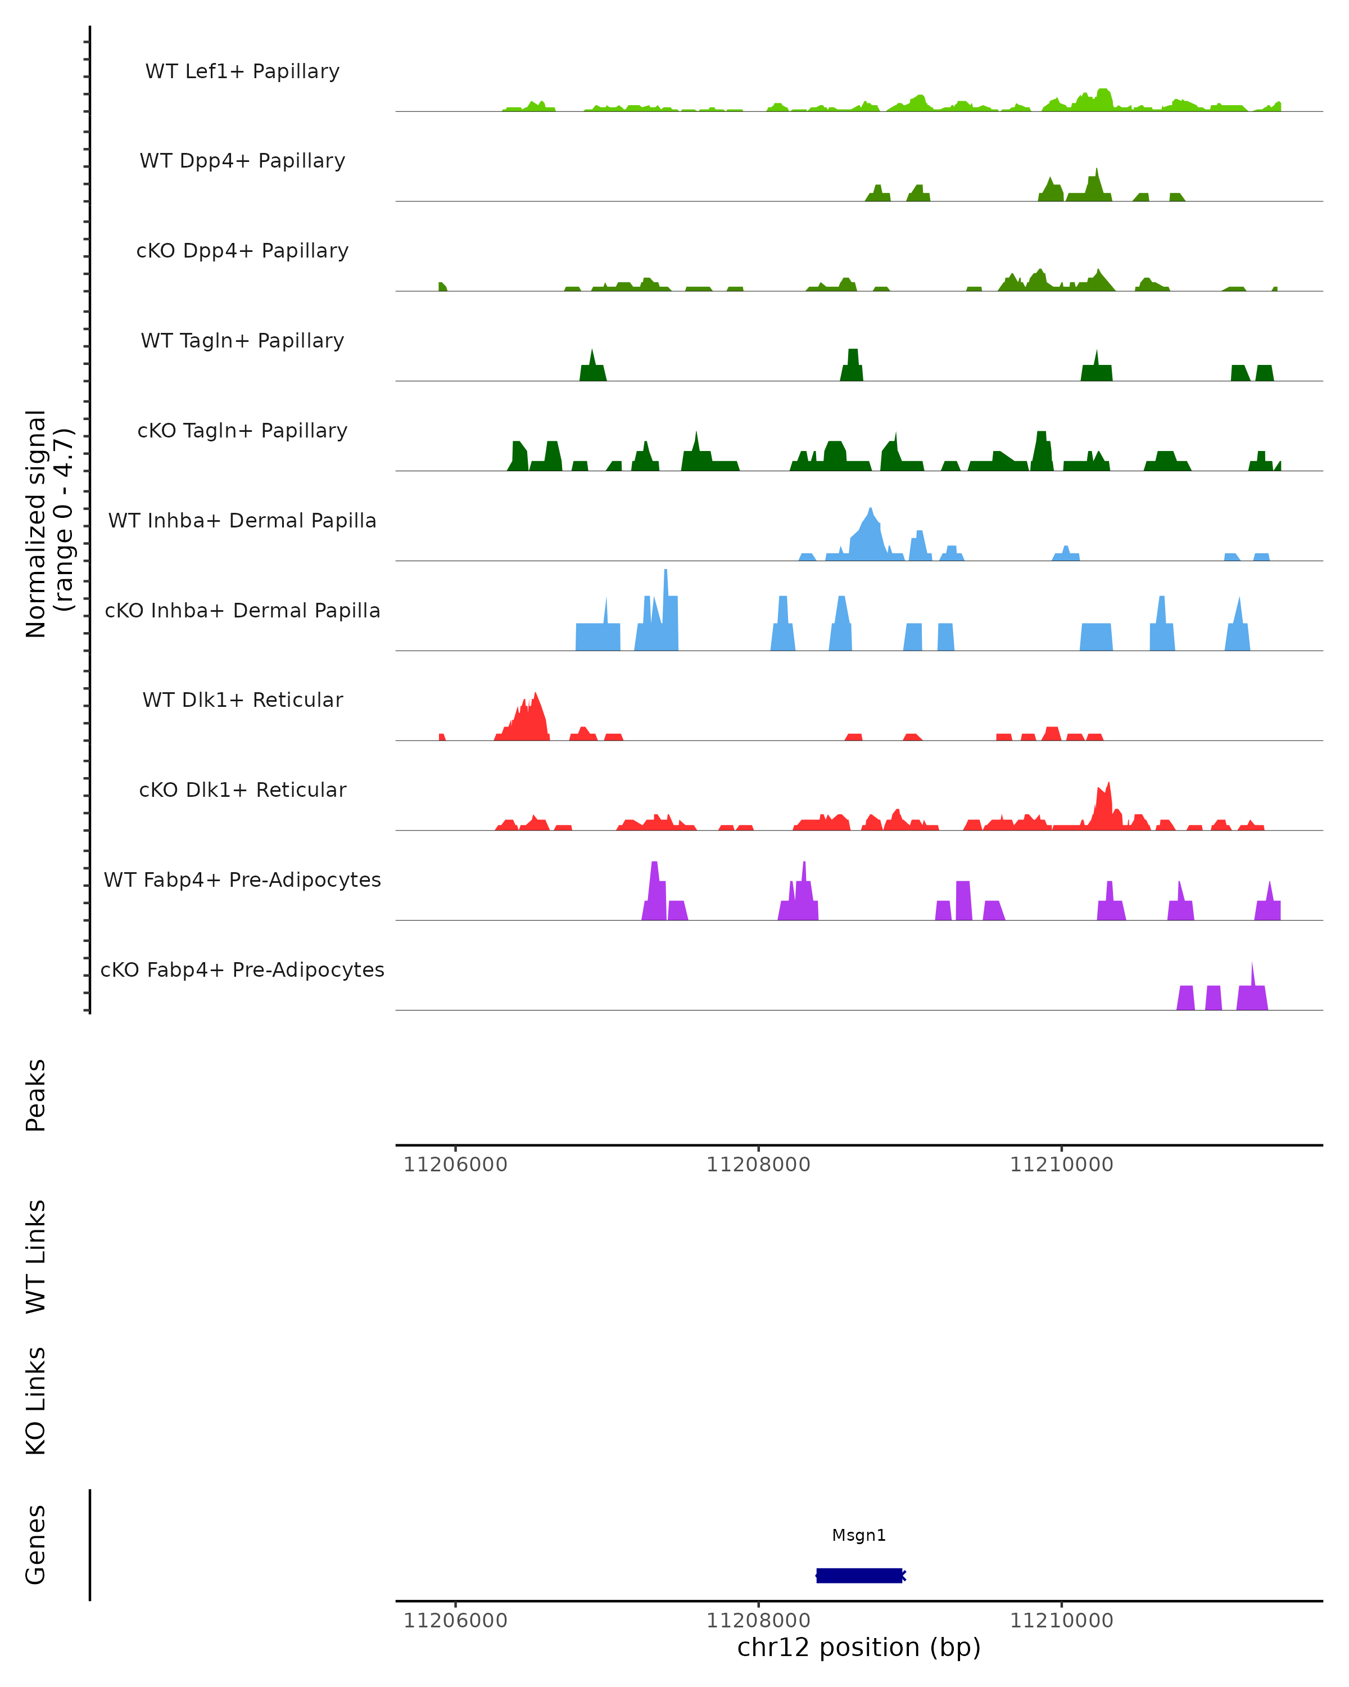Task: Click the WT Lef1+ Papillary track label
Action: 242,71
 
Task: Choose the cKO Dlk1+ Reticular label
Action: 242,790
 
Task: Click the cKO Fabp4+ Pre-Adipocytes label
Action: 242,969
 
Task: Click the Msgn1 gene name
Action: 859,1535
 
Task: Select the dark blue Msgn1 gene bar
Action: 859,1575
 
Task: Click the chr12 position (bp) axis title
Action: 859,1648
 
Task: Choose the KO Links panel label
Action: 36,1401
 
